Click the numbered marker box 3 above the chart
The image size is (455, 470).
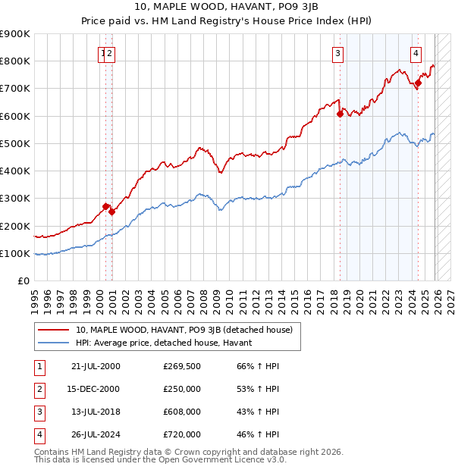(337, 53)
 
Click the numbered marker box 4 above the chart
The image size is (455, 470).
(416, 53)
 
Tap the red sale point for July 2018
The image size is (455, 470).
(340, 114)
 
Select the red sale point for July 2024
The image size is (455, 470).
(418, 83)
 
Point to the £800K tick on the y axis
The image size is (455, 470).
(15, 61)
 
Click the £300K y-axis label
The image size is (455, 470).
(15, 199)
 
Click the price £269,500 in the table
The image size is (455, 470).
(182, 366)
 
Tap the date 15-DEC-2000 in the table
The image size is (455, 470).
(93, 389)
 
